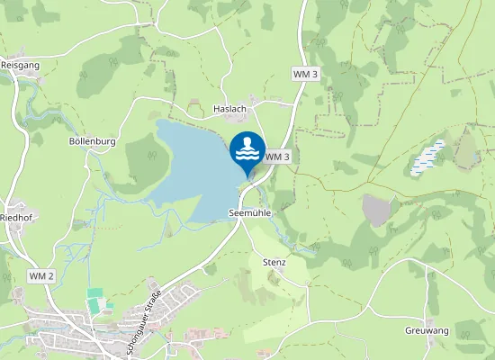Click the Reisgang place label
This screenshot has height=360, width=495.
click(20, 65)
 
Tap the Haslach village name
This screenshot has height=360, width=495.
click(229, 109)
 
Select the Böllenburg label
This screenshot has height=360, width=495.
click(94, 141)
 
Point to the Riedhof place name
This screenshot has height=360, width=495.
click(16, 217)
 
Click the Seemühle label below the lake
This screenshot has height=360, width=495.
click(250, 213)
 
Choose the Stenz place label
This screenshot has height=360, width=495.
click(274, 263)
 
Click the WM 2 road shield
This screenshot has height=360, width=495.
click(41, 274)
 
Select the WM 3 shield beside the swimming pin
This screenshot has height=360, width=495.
click(277, 157)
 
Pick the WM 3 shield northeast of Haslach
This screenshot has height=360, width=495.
click(306, 73)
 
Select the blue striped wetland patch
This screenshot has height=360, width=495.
click(427, 157)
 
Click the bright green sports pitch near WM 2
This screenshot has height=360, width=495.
click(94, 295)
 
